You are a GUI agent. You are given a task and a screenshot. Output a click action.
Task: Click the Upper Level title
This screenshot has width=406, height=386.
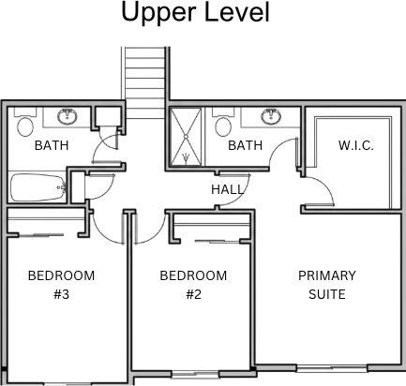click(195, 12)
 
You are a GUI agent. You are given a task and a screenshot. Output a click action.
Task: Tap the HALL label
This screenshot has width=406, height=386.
click(227, 189)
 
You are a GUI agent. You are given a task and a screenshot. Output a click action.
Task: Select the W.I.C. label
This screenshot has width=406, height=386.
click(356, 145)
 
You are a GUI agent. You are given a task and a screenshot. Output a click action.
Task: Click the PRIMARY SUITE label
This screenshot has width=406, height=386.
click(327, 285)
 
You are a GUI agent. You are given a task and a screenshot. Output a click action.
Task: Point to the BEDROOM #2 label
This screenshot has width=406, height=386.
click(193, 285)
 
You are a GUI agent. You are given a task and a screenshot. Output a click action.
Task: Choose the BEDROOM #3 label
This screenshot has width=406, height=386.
click(61, 285)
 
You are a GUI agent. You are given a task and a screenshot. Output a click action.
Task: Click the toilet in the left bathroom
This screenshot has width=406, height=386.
click(25, 123)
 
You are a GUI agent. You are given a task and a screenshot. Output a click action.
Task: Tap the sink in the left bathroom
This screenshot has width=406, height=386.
click(68, 117)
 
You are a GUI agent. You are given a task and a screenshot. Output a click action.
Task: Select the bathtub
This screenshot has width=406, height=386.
click(38, 187)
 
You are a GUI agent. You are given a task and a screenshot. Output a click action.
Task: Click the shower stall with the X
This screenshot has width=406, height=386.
click(186, 136)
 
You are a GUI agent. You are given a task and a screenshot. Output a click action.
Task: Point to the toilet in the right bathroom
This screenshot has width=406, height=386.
click(223, 123)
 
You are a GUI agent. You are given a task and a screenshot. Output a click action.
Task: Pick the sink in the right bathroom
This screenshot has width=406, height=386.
click(271, 117)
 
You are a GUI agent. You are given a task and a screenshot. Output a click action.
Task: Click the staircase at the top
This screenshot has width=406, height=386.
click(144, 82)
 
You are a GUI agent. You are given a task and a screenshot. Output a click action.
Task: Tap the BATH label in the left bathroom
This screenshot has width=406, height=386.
click(52, 145)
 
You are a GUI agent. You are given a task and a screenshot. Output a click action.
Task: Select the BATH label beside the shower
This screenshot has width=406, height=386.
click(245, 145)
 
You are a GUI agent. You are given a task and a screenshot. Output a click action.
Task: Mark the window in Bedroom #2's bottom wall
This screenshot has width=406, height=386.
click(196, 374)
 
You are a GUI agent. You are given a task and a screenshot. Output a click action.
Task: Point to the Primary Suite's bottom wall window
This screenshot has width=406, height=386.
click(332, 368)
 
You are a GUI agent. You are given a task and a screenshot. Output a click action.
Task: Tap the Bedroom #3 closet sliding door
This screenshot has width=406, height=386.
click(41, 235)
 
